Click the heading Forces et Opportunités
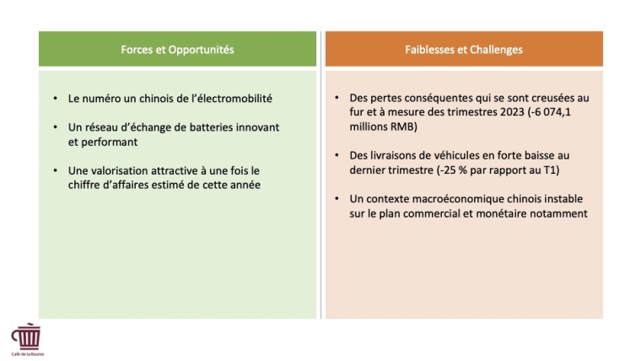(x=177, y=50)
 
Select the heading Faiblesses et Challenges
(x=463, y=50)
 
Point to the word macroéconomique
(x=461, y=199)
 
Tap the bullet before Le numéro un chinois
(x=55, y=99)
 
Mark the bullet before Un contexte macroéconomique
(x=337, y=199)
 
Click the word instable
(x=563, y=199)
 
